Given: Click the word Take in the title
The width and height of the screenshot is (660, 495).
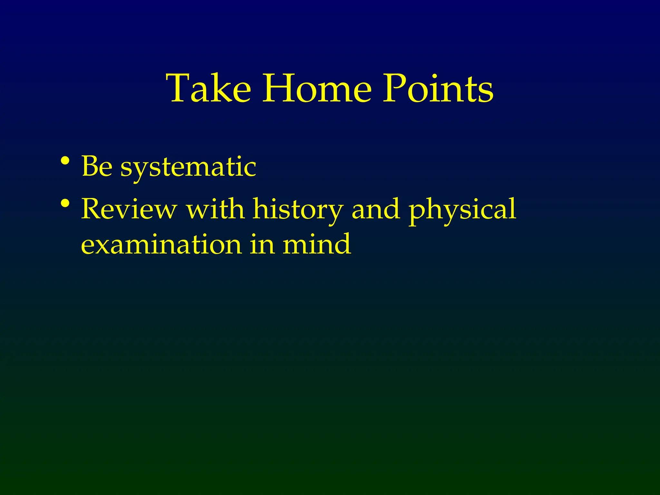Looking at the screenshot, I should click(x=208, y=88).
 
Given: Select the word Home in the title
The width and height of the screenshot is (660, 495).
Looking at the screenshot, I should click(x=317, y=88).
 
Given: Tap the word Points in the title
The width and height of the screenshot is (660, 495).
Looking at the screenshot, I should click(x=438, y=88).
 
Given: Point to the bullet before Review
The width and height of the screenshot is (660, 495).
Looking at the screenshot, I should click(x=65, y=203).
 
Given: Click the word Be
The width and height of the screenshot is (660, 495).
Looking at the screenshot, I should click(x=97, y=167).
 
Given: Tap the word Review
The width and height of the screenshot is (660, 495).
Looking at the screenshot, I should click(x=129, y=209).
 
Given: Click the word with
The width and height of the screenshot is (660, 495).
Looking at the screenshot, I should click(x=215, y=209).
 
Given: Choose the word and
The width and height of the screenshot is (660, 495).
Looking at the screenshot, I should click(x=376, y=209).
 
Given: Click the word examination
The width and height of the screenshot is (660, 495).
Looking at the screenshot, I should click(x=161, y=244).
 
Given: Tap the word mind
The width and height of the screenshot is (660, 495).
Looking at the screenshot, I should click(x=316, y=244).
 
